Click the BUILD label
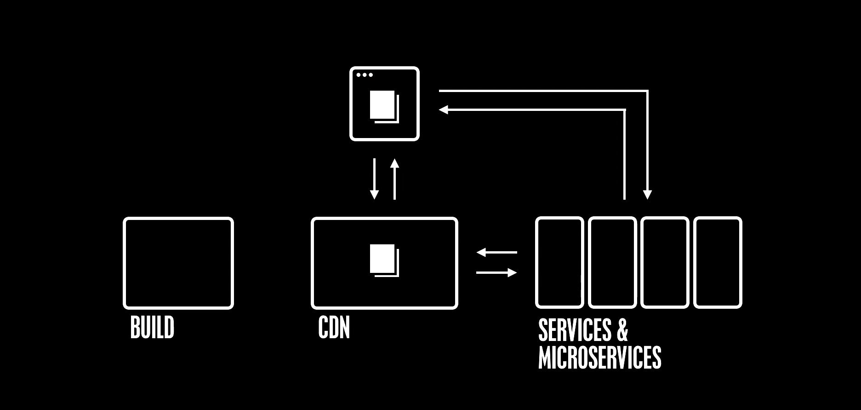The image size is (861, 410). point(152,328)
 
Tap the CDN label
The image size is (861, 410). point(334,328)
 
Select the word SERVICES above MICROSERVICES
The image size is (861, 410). point(575,330)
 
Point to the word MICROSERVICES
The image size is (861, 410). point(599,358)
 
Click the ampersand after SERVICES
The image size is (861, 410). point(622,330)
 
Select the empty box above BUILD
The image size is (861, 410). point(178,263)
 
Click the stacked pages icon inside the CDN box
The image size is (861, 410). point(384,260)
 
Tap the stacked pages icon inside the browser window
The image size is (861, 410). point(384,107)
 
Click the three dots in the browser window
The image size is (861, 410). point(365,75)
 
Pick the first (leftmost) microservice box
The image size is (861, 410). point(559,262)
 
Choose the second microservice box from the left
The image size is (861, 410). point(612,262)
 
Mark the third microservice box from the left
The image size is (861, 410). point(665,262)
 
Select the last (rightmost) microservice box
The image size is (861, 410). point(718,262)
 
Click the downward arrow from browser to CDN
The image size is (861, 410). point(374,179)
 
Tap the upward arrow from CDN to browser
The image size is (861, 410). point(394,179)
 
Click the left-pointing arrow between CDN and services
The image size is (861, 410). point(496,252)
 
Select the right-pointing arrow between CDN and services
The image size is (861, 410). point(496,273)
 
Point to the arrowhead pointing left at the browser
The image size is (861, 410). point(443,110)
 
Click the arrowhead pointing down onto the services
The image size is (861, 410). point(647,195)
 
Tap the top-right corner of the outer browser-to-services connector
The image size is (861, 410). point(647,91)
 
